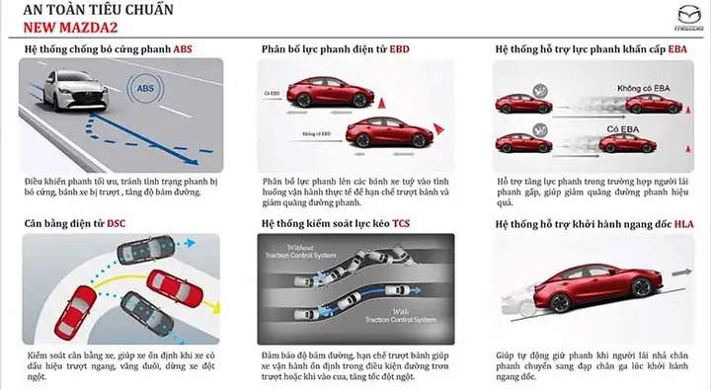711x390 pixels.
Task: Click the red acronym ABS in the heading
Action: coord(185,48)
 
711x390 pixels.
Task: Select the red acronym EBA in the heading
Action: coord(675,48)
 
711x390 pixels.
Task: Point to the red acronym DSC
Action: coord(117,223)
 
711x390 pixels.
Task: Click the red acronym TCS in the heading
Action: coord(401,223)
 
